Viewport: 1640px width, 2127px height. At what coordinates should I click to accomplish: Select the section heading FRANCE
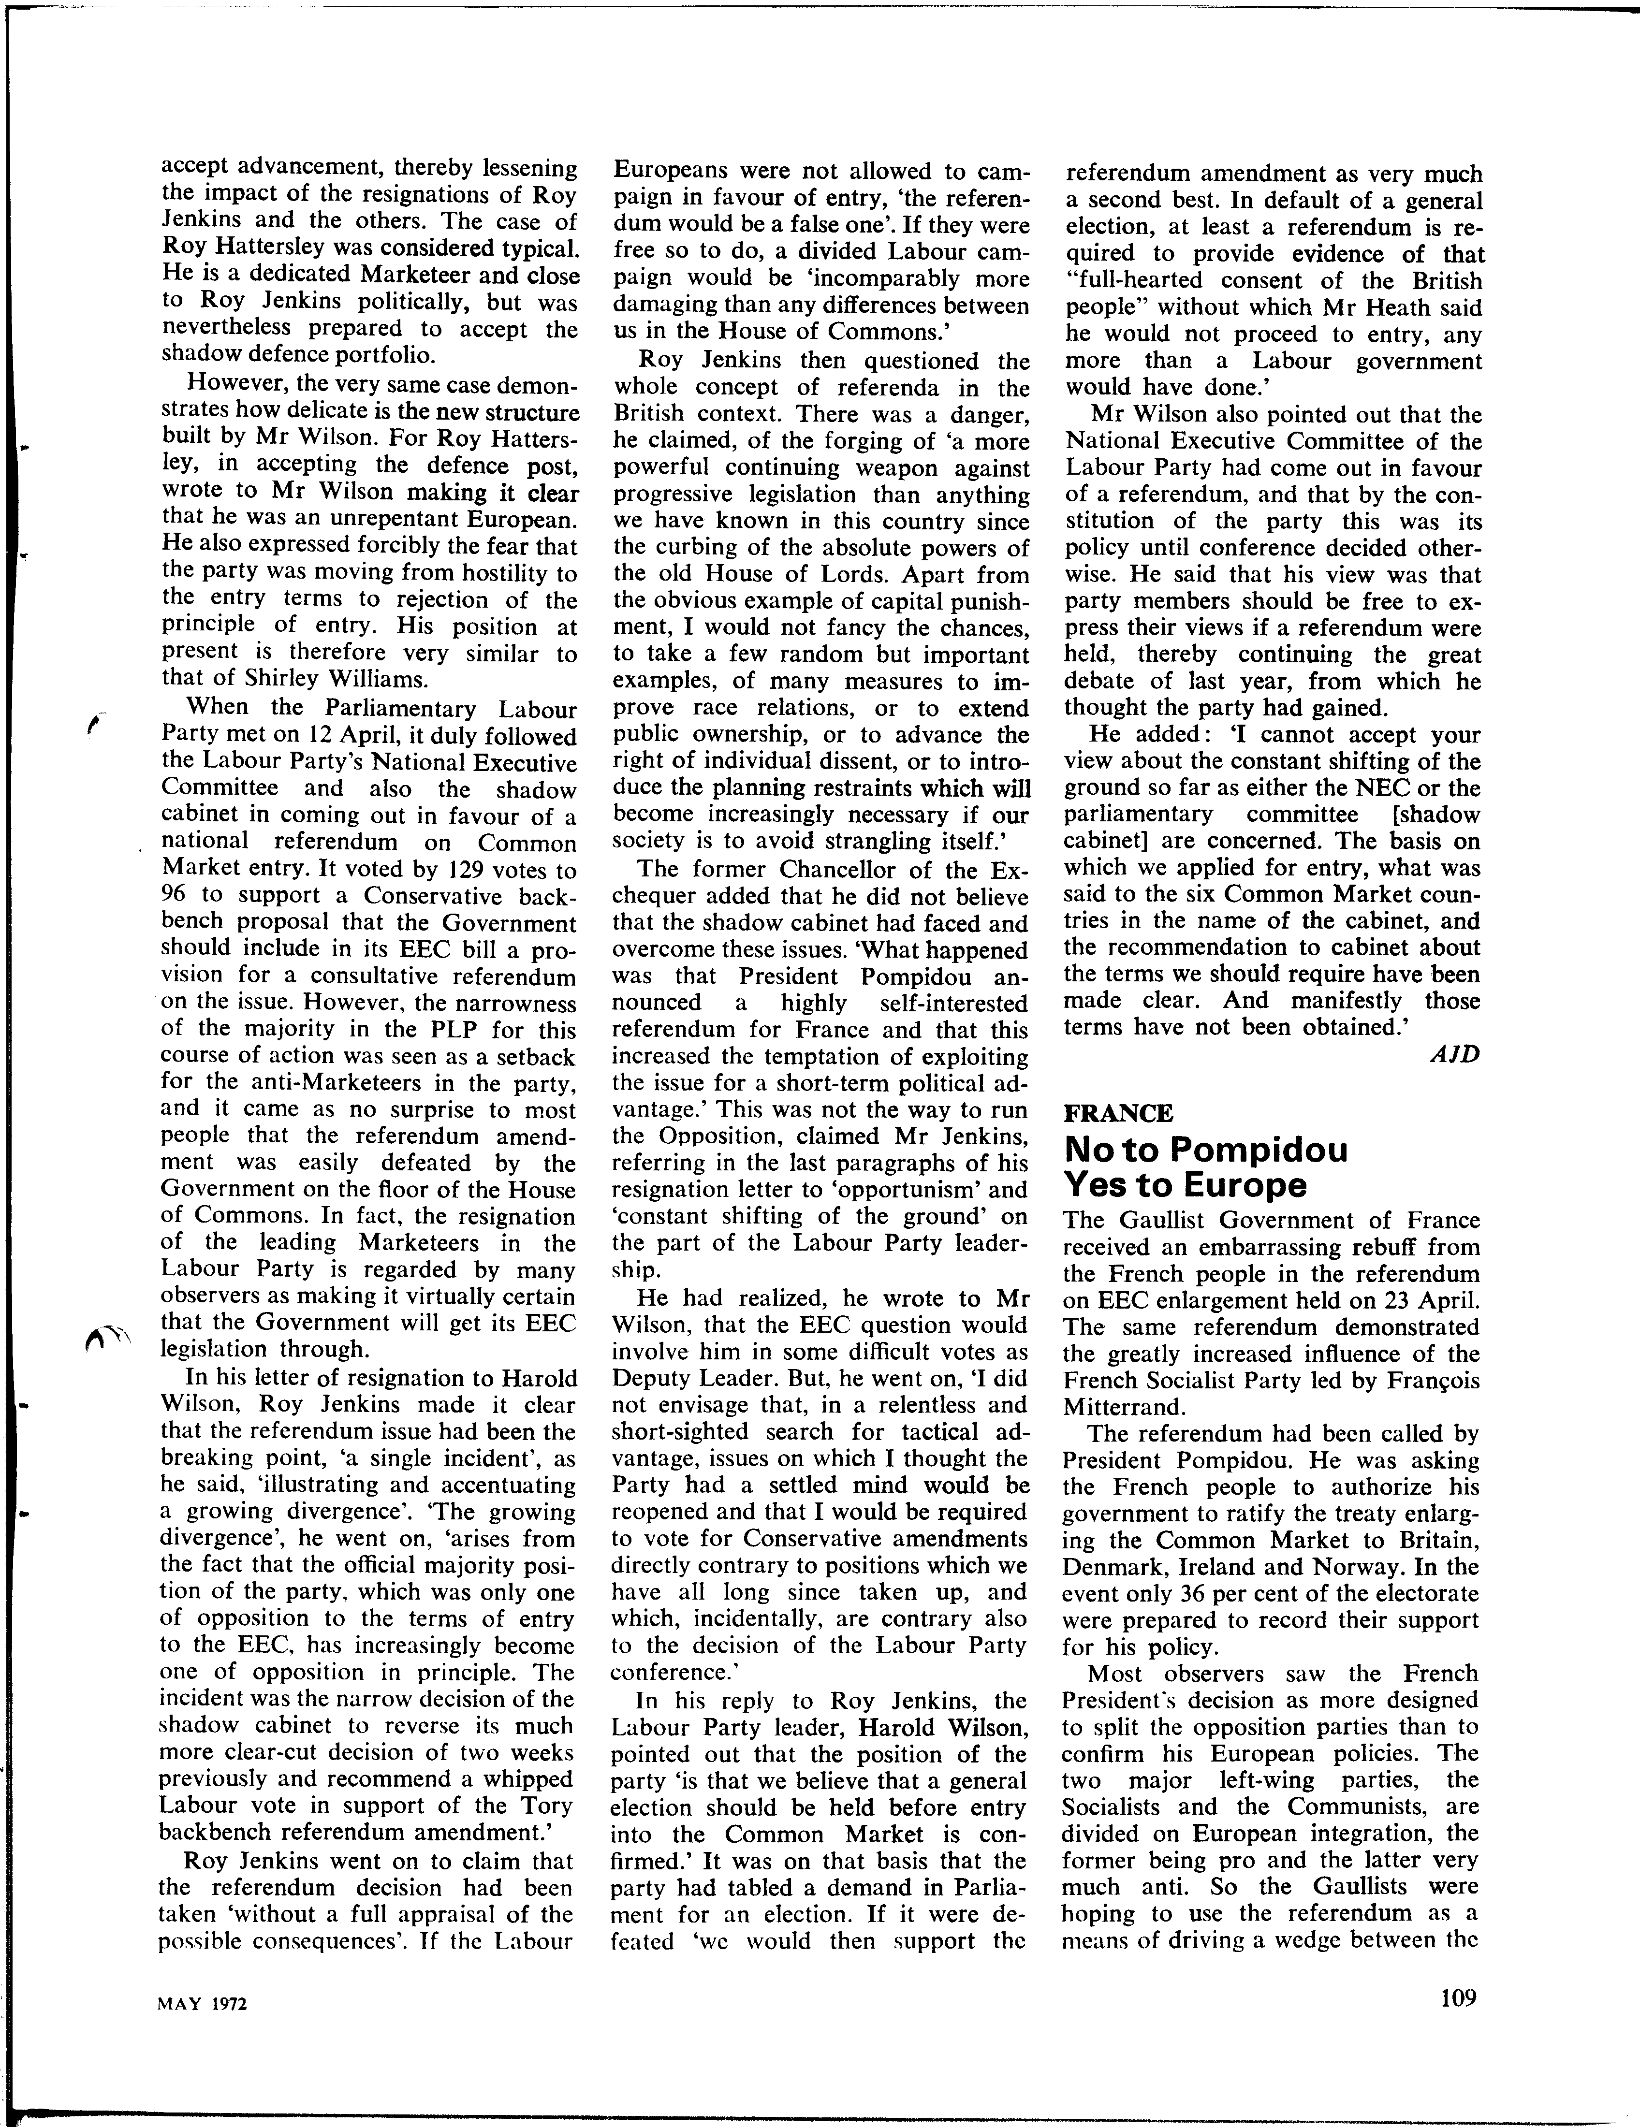[1118, 1113]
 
